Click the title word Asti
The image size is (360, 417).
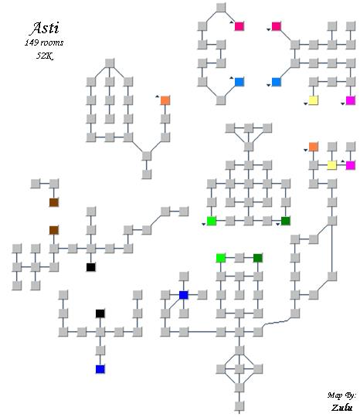pyautogui.click(x=45, y=28)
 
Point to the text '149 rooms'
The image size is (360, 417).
pyautogui.click(x=44, y=42)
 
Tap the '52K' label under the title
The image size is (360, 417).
pyautogui.click(x=45, y=56)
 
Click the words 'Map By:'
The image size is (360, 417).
pyautogui.click(x=341, y=395)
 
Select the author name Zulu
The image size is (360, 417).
pyautogui.click(x=342, y=408)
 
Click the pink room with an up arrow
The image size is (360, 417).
pyautogui.click(x=239, y=26)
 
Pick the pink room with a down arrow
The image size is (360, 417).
pyautogui.click(x=277, y=26)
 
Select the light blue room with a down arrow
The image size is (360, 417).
pyautogui.click(x=277, y=82)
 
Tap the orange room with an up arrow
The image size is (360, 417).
pyautogui.click(x=165, y=100)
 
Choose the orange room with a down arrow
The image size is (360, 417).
pyautogui.click(x=313, y=147)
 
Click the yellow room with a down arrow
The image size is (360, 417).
pyautogui.click(x=313, y=100)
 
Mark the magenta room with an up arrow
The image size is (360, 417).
pyautogui.click(x=350, y=165)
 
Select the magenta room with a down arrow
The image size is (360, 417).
pyautogui.click(x=350, y=100)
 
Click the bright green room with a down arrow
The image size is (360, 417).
pyautogui.click(x=211, y=221)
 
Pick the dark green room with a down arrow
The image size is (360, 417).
pyautogui.click(x=286, y=221)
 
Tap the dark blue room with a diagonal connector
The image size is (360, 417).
pyautogui.click(x=184, y=295)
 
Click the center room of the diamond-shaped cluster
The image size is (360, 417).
pyautogui.click(x=239, y=369)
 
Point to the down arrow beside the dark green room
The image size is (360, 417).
pyautogui.click(x=278, y=225)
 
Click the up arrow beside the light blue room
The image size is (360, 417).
pyautogui.click(x=232, y=78)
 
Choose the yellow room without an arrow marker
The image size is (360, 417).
pyautogui.click(x=331, y=165)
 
